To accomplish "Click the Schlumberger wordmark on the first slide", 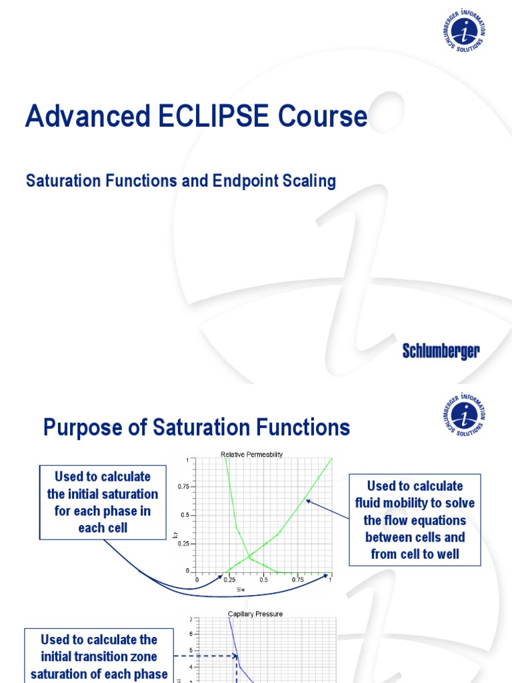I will click(x=441, y=352).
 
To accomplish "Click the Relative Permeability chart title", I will click(x=251, y=454).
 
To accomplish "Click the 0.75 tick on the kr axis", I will click(x=183, y=488).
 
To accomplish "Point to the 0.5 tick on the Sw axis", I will click(x=263, y=580).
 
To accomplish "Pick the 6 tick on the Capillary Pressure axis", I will click(x=191, y=634).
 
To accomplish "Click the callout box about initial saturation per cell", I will click(x=103, y=502).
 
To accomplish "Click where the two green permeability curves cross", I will click(x=249, y=557).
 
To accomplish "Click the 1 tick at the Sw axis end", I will click(x=331, y=580).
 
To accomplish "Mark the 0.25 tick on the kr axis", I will click(x=183, y=544).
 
